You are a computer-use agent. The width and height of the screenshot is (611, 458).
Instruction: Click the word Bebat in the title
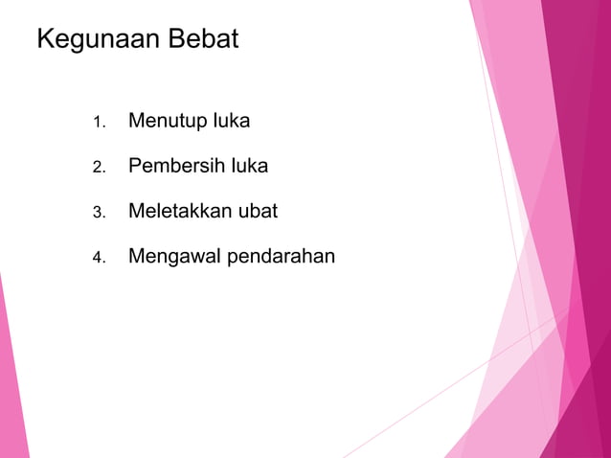tap(206, 40)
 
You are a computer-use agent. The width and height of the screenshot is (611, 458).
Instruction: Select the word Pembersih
tap(176, 166)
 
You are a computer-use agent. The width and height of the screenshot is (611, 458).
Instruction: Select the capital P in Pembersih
tap(135, 166)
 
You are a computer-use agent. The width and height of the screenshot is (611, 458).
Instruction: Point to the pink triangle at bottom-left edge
tap(10, 383)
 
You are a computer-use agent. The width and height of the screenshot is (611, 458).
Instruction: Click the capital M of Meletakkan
tap(136, 211)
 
